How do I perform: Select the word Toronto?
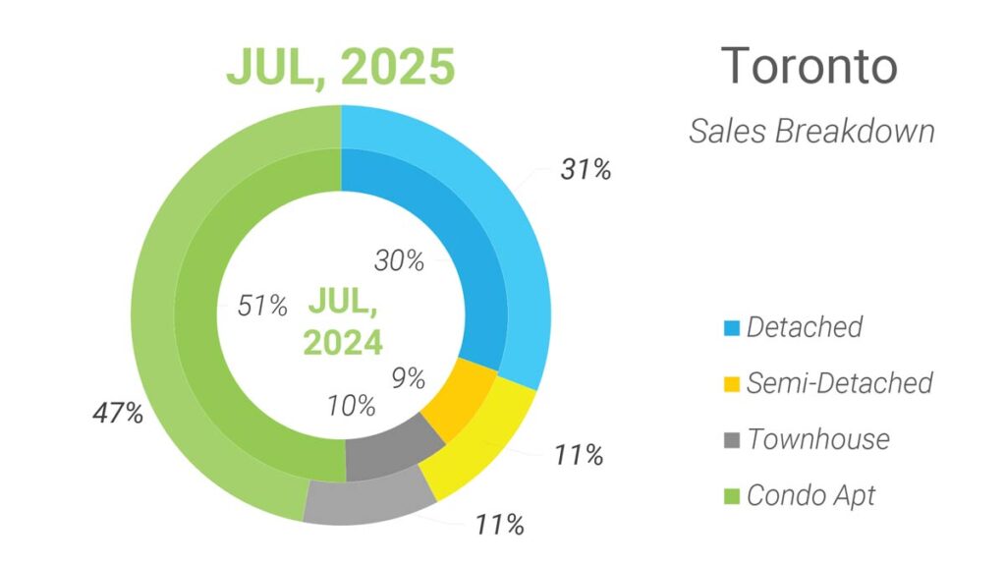[x=809, y=67]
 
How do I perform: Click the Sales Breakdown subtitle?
[x=811, y=131]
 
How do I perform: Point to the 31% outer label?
[x=586, y=170]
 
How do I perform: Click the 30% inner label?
[x=399, y=261]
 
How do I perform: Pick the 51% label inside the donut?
[x=262, y=306]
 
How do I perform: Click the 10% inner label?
[x=352, y=404]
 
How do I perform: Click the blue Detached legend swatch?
[x=730, y=327]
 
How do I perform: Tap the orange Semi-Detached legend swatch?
[x=730, y=383]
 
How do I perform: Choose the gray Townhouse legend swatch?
[x=730, y=439]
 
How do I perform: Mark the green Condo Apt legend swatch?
[x=730, y=495]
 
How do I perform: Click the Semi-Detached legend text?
[x=839, y=383]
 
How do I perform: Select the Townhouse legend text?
[x=817, y=439]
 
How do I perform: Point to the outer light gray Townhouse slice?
[x=369, y=500]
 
